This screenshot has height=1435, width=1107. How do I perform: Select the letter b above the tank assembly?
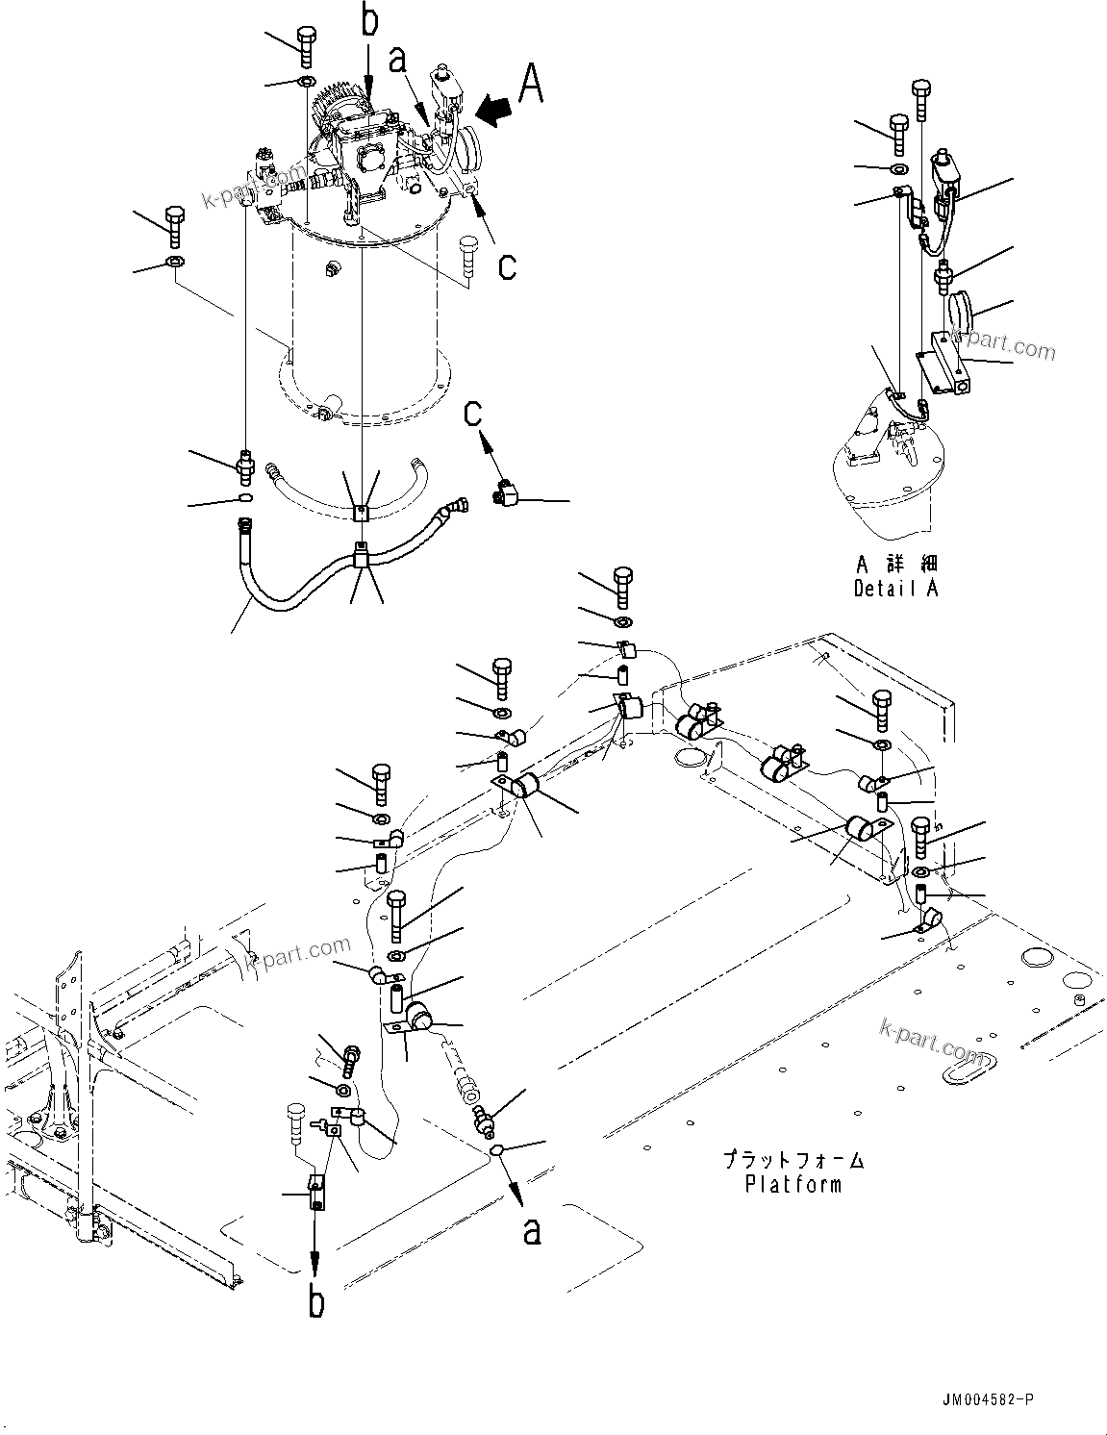click(x=370, y=21)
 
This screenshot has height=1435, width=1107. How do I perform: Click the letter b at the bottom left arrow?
click(x=315, y=1302)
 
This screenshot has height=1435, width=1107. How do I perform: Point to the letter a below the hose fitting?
click(x=532, y=1230)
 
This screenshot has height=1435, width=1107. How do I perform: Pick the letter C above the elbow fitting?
click(x=473, y=414)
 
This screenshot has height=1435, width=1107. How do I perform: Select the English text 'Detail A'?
click(x=895, y=589)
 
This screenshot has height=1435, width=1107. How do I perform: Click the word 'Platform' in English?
click(x=793, y=1184)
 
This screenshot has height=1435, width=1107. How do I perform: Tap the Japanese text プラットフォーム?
click(x=793, y=1160)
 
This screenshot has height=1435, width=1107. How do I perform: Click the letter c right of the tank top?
click(x=506, y=265)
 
